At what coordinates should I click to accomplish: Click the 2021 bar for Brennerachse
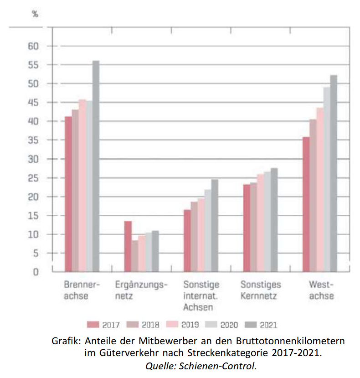96,166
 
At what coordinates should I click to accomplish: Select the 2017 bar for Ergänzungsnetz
128,247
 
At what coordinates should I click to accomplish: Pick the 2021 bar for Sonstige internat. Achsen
215,226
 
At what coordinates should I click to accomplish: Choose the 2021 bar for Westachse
334,174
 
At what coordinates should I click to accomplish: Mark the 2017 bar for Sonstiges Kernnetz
247,228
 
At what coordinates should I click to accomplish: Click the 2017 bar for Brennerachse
68,194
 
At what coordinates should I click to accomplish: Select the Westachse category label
322,290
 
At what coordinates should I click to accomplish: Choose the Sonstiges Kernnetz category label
261,290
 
